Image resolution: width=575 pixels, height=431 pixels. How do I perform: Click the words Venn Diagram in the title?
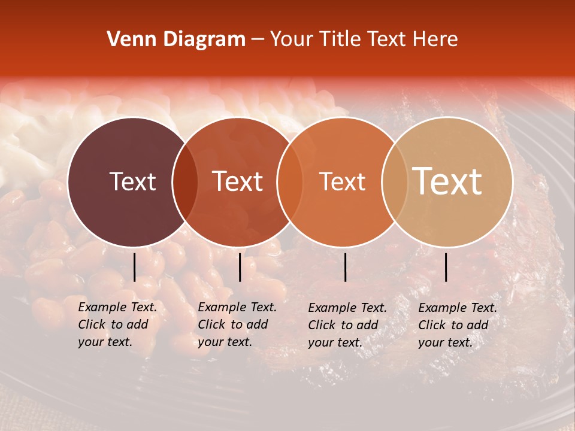[x=176, y=40]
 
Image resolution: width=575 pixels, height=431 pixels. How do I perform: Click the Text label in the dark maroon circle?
[x=132, y=181]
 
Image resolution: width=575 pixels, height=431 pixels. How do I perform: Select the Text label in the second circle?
[x=238, y=181]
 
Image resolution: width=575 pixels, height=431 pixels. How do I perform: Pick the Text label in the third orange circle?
[x=343, y=181]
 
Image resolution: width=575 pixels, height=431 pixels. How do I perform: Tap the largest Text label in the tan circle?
[x=447, y=181]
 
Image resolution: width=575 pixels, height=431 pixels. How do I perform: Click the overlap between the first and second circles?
[x=185, y=182]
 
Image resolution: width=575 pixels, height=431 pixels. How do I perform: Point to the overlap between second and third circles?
[x=290, y=182]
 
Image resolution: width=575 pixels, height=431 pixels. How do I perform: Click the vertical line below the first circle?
[x=134, y=267]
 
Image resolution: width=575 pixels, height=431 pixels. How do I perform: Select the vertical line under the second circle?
[x=240, y=267]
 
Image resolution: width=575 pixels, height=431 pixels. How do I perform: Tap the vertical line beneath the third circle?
[x=346, y=267]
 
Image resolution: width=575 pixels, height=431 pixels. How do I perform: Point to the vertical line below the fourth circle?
[x=446, y=267]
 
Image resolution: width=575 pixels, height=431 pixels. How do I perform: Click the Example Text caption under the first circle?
[x=117, y=324]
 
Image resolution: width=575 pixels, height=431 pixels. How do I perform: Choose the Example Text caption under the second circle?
[x=237, y=324]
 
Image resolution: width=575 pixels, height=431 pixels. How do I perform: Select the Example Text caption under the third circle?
[x=347, y=325]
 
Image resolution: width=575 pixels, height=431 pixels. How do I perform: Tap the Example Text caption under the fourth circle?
[x=457, y=325]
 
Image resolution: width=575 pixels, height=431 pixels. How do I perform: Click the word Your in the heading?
[x=292, y=40]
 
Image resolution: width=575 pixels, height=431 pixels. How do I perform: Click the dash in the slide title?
[x=258, y=40]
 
